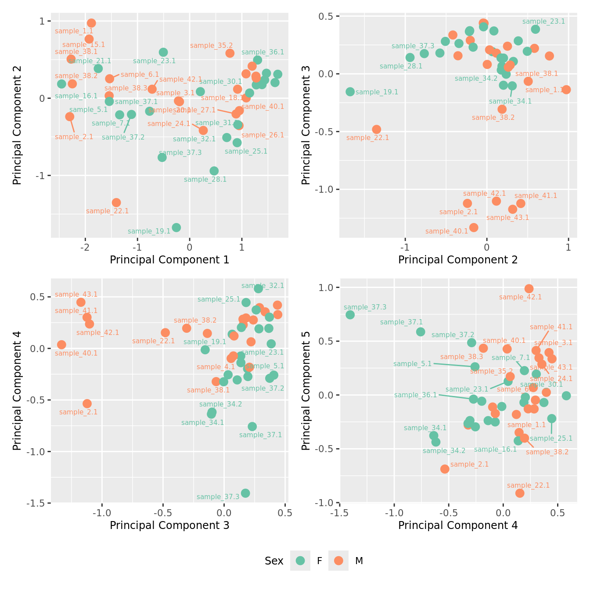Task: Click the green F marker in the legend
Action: click(300, 561)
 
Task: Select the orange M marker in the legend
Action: click(338, 561)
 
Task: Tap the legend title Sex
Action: click(274, 561)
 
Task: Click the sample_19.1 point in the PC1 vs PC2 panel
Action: click(176, 227)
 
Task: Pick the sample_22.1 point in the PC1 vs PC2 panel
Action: click(116, 202)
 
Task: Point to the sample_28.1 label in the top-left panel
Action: click(205, 179)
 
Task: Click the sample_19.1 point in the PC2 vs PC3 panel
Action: click(350, 92)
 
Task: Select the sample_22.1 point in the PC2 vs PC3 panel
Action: click(376, 130)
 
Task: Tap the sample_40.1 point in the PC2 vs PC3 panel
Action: click(474, 227)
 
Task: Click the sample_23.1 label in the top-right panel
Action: click(543, 21)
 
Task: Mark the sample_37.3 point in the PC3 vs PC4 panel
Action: click(245, 493)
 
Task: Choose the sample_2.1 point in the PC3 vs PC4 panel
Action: click(87, 403)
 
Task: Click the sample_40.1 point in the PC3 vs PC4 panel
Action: click(61, 345)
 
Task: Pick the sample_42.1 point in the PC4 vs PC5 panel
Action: click(529, 288)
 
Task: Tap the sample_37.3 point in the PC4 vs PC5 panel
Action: click(350, 315)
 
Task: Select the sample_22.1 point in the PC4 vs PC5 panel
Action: click(520, 493)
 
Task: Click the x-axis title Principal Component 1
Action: click(169, 260)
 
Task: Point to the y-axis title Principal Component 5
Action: click(306, 390)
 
